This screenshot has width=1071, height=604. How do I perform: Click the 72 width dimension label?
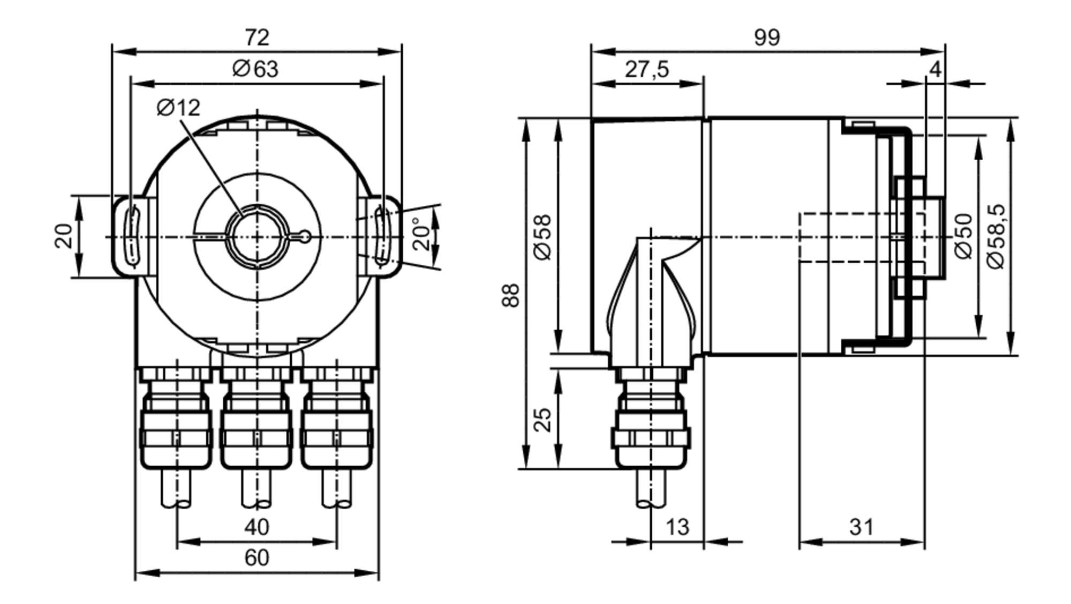click(257, 38)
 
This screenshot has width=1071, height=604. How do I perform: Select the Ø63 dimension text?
click(255, 70)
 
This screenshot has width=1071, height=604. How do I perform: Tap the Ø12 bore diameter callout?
click(178, 108)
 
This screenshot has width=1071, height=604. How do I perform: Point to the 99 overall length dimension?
click(767, 38)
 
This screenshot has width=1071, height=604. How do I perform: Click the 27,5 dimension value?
click(647, 70)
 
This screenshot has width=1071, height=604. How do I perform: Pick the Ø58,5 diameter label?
click(997, 236)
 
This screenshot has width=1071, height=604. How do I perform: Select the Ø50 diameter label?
click(964, 236)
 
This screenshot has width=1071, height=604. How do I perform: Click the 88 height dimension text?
click(511, 295)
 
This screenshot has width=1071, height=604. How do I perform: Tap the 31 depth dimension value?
click(861, 527)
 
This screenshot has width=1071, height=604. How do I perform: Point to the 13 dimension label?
click(677, 527)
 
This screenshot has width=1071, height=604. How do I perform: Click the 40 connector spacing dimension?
click(257, 527)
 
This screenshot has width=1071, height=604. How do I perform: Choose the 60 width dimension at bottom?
click(257, 558)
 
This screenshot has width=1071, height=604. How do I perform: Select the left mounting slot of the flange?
click(132, 236)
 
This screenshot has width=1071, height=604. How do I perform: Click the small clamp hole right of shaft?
click(305, 236)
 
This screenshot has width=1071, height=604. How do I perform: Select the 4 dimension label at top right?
click(935, 70)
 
